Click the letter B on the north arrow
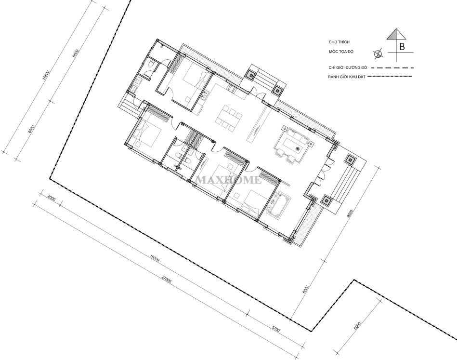[x=402, y=46]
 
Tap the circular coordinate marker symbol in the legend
[x=378, y=53]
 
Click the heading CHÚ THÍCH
[x=339, y=42]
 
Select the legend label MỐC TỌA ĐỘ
[x=341, y=52]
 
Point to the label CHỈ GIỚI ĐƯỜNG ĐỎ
[x=348, y=67]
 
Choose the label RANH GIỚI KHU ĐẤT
[x=347, y=77]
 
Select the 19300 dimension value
[x=155, y=258]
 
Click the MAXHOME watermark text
[x=228, y=180]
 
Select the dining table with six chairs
[x=229, y=117]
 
